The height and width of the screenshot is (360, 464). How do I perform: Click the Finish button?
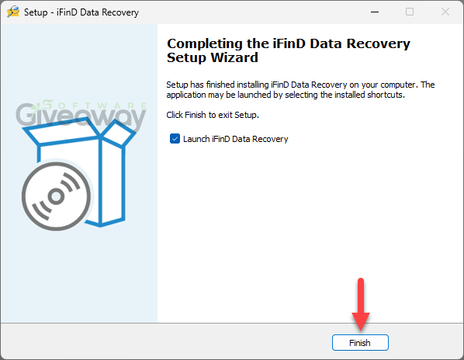(360, 343)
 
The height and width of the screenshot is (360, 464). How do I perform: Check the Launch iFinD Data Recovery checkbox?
(175, 138)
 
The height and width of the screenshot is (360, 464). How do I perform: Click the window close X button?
(445, 12)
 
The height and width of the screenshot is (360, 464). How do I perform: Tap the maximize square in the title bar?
(410, 12)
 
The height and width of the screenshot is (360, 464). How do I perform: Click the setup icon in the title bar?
(13, 12)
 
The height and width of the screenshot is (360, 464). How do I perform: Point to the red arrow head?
(361, 321)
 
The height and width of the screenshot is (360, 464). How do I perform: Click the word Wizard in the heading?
(234, 57)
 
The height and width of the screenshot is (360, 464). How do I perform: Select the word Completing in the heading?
(205, 44)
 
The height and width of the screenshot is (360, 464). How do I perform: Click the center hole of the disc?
(56, 196)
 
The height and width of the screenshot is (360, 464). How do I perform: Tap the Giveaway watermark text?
(81, 116)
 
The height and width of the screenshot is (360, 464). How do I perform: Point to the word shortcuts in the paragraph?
(386, 95)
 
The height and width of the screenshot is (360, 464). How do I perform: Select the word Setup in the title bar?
(36, 12)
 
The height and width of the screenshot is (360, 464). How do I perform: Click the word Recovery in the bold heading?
(378, 44)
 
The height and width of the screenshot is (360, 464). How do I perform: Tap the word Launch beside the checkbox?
(196, 139)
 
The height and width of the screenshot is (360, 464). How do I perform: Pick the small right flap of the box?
(119, 133)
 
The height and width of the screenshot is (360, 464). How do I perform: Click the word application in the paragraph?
(186, 95)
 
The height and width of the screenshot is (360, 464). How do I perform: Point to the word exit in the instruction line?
(225, 115)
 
